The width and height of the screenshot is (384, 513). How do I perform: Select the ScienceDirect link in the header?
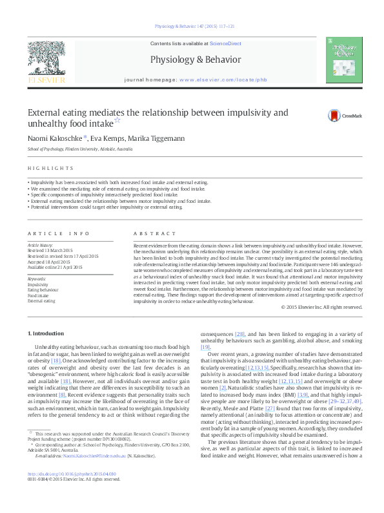click(x=225, y=43)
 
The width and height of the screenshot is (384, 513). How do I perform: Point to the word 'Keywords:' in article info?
click(x=37, y=278)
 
